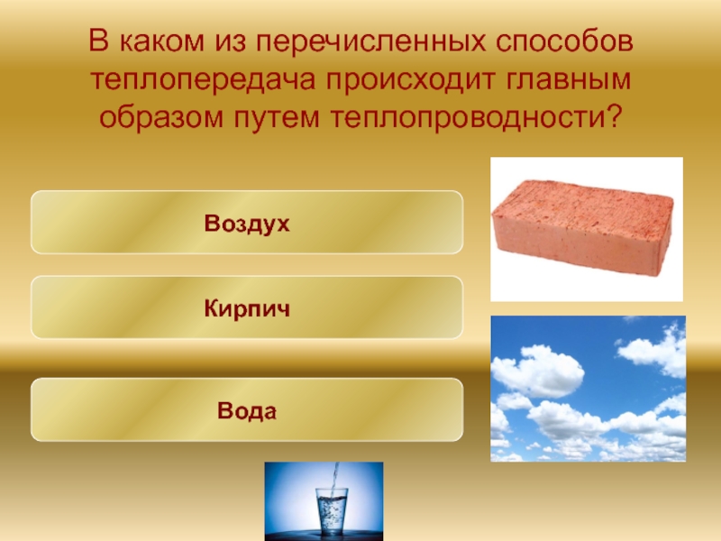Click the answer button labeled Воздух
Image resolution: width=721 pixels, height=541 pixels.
[x=247, y=222]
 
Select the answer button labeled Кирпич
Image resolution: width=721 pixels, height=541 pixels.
[x=247, y=308]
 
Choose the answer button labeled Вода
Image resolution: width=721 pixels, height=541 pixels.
[x=247, y=410]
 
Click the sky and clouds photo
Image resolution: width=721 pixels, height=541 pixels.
[x=588, y=389]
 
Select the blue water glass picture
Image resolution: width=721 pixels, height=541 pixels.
[x=324, y=500]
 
